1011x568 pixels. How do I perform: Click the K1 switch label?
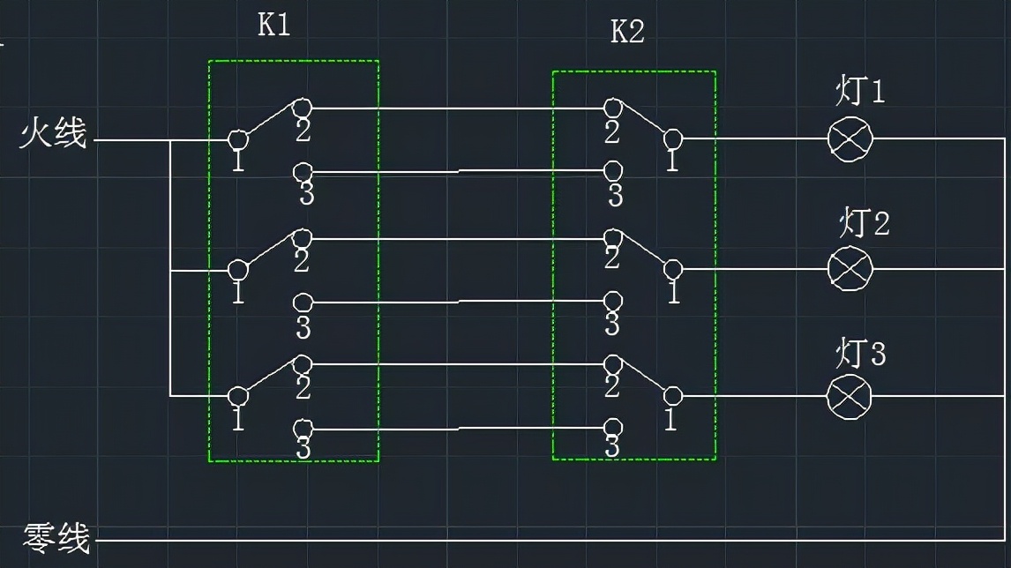pyautogui.click(x=273, y=25)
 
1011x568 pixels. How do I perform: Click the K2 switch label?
pyautogui.click(x=627, y=33)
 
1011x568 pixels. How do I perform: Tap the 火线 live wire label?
pyautogui.click(x=54, y=135)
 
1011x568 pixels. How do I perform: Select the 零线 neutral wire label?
pyautogui.click(x=56, y=537)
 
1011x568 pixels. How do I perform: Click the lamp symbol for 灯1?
pyautogui.click(x=850, y=139)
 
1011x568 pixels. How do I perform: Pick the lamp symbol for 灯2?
pyautogui.click(x=850, y=269)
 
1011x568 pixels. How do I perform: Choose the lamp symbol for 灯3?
pyautogui.click(x=849, y=397)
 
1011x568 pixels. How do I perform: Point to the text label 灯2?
pyautogui.click(x=864, y=224)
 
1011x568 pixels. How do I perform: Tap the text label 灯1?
pyautogui.click(x=860, y=93)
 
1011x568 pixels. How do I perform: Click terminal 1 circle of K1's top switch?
pyautogui.click(x=237, y=139)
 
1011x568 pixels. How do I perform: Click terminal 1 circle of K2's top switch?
pyautogui.click(x=672, y=138)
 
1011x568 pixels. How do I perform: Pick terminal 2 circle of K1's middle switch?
pyautogui.click(x=303, y=238)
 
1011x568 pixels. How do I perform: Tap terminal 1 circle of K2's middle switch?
pyautogui.click(x=673, y=269)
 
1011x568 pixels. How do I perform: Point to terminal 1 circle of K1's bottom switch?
pyautogui.click(x=237, y=396)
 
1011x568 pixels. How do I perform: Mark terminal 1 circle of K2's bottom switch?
pyautogui.click(x=672, y=396)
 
